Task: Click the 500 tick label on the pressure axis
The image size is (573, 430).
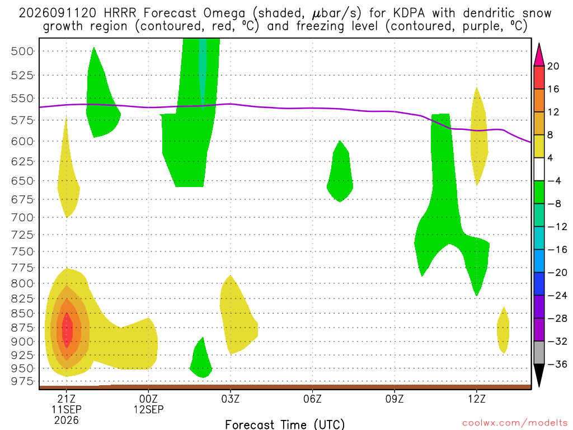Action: [x=22, y=51]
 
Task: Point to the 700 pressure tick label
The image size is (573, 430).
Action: [x=22, y=218]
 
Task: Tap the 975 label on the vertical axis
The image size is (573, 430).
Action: [x=22, y=381]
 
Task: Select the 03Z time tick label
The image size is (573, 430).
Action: [x=230, y=399]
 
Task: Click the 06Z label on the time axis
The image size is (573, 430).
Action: [x=312, y=399]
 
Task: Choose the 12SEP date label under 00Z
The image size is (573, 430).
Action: [x=148, y=409]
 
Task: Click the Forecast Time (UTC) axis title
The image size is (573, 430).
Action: [x=285, y=424]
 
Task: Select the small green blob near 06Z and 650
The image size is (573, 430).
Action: [x=340, y=171]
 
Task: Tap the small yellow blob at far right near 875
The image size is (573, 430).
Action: [x=503, y=330]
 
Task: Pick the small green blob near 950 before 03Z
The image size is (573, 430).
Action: [x=201, y=358]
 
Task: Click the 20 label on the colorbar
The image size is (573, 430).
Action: [x=553, y=66]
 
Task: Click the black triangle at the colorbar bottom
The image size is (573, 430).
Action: [x=539, y=375]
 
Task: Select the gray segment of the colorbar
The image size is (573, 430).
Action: [x=539, y=353]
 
